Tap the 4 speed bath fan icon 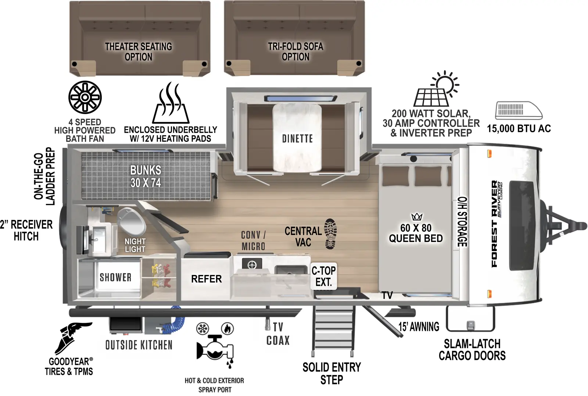point(85,97)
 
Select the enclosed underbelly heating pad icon point(171,104)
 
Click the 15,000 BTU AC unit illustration point(519,110)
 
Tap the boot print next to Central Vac point(330,234)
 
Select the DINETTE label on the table point(297,139)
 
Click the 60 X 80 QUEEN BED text point(416,233)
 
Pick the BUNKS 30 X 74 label point(146,176)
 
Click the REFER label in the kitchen point(206,279)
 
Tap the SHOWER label point(115,277)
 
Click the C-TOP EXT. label point(323,277)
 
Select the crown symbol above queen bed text point(417,217)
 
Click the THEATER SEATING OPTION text point(139,52)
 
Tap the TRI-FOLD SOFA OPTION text point(295,51)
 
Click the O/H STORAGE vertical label point(462,222)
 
